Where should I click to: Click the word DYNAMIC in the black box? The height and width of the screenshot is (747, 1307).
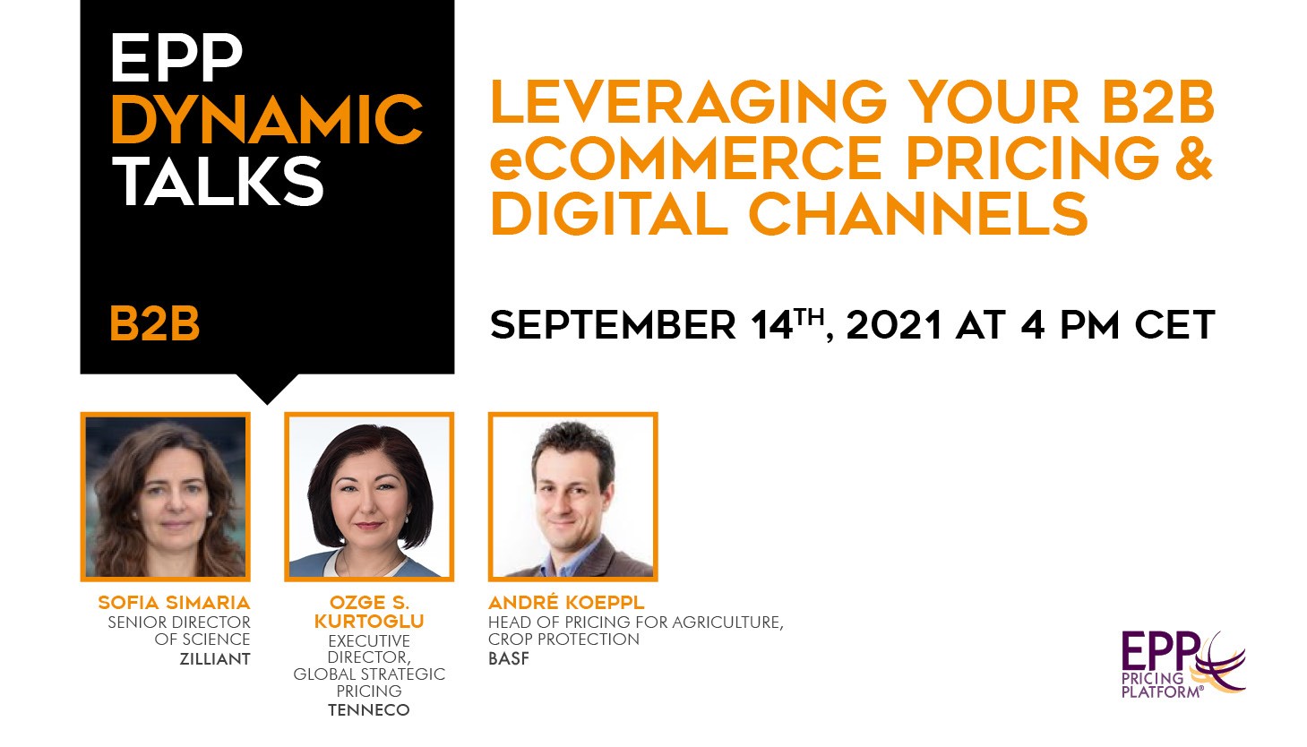(266, 119)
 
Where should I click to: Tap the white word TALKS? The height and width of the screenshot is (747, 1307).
(217, 182)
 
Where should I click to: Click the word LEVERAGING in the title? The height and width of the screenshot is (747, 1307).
(689, 102)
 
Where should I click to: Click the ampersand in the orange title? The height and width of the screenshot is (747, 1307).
(1194, 158)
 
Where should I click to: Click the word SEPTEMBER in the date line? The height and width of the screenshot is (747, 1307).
(613, 325)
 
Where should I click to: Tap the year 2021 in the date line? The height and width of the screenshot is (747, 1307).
(894, 325)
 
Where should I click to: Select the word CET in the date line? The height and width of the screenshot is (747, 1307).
(1174, 325)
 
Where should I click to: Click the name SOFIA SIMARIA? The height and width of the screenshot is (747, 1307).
(174, 602)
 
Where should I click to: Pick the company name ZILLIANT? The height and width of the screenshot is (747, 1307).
(215, 659)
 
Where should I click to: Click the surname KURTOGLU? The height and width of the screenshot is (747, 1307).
(369, 622)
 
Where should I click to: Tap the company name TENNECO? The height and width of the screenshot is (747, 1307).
(369, 709)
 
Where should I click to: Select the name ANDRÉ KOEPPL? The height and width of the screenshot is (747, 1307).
(566, 602)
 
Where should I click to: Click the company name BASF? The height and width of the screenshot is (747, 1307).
(509, 658)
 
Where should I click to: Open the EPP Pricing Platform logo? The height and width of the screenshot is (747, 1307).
(1183, 665)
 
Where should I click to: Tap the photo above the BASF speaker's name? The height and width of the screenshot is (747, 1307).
(573, 496)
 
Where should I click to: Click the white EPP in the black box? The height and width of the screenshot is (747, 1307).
(176, 57)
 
